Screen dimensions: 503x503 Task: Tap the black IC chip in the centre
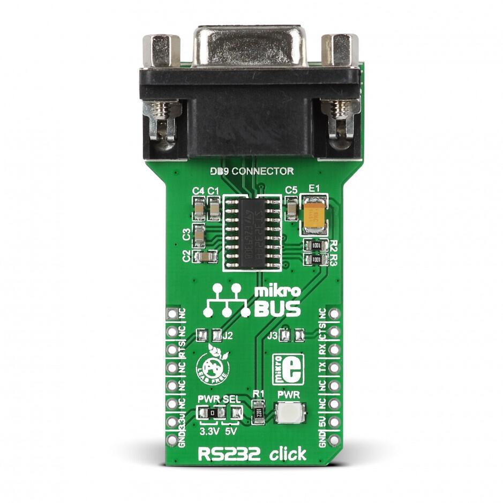coord(252,233)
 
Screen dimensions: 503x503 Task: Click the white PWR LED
coord(289,412)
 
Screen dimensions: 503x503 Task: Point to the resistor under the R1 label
coord(258,413)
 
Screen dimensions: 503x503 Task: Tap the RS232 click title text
coord(252,455)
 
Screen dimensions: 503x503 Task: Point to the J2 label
coord(228,336)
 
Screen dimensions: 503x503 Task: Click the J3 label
coord(273,336)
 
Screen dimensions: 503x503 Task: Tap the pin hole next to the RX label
coord(334,350)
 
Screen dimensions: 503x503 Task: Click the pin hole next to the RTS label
coord(172,350)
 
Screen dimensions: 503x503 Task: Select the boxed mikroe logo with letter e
coord(288,369)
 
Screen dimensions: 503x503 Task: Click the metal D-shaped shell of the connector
coord(250,46)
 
